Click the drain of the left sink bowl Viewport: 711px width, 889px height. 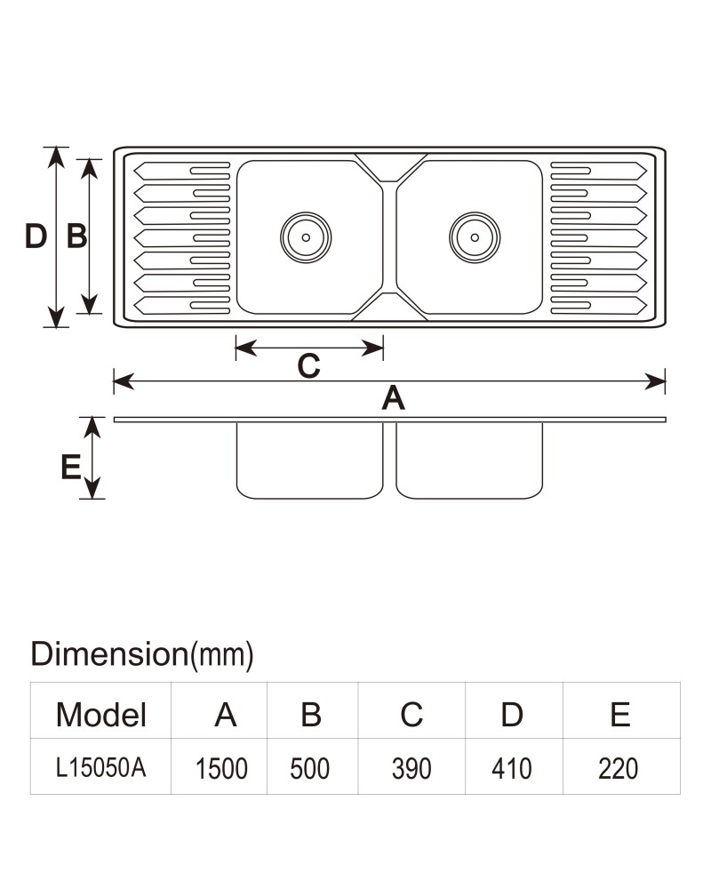[306, 237]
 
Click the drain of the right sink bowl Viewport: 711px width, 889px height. [475, 237]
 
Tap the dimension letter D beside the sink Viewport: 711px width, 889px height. [36, 236]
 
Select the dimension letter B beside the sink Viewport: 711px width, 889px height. [76, 236]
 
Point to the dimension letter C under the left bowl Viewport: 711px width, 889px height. [309, 365]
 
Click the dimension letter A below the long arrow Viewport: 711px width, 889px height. [393, 397]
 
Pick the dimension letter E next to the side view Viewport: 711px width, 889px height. [71, 468]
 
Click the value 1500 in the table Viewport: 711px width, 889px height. [221, 769]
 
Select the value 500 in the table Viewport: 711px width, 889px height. [309, 769]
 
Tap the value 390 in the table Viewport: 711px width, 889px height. [411, 769]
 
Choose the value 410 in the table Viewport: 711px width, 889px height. [511, 769]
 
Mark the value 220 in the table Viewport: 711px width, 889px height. [618, 769]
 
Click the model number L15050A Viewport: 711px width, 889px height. [101, 768]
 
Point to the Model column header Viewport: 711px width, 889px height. [101, 715]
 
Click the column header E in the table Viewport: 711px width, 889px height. [620, 715]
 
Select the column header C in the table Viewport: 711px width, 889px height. [411, 715]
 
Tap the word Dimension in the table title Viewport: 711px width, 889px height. [109, 653]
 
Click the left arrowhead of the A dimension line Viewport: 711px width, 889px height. [124, 381]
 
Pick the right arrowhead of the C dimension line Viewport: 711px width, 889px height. [373, 348]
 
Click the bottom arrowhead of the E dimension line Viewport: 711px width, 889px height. [92, 488]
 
